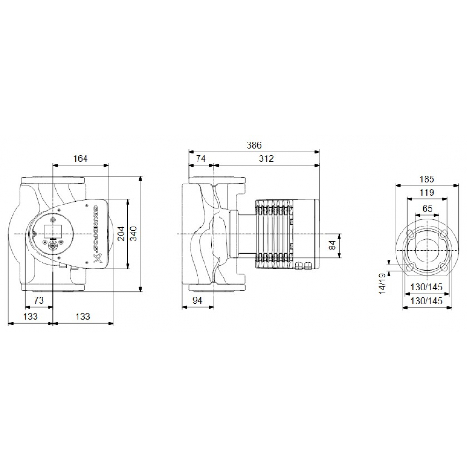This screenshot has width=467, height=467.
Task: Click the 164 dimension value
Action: coord(80,159)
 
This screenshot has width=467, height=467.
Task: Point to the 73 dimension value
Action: coord(39,301)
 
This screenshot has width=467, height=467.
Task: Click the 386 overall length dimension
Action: coord(254,145)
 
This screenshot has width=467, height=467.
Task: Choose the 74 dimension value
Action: coord(200,159)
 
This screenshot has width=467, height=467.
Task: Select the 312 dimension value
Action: coord(266,159)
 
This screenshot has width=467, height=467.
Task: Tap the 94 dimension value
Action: coord(198,301)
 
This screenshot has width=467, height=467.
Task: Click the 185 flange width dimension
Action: coord(427,179)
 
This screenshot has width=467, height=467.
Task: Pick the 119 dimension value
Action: coord(427,192)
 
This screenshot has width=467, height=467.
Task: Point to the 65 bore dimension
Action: coord(427,208)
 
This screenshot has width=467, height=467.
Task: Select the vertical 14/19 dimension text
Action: coord(383,283)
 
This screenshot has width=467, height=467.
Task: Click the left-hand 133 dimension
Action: coord(30,317)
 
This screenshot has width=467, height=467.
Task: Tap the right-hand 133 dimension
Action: coord(82,317)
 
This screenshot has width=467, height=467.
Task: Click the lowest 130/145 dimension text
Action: coord(427,302)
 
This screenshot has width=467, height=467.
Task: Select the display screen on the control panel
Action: coord(50,229)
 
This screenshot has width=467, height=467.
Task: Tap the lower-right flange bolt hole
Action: coord(444,267)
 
